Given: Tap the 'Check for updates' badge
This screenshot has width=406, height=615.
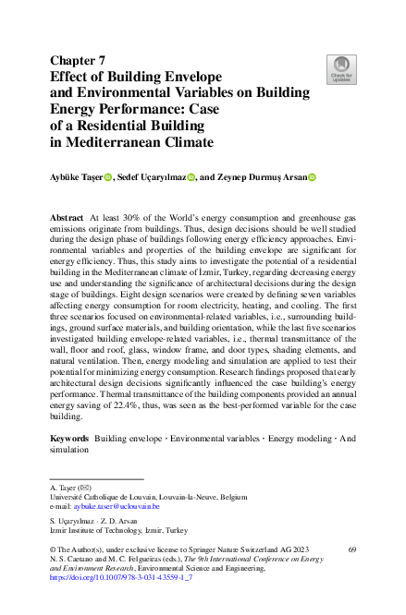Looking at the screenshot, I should pos(341,68).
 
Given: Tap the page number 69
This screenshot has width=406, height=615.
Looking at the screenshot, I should pos(351,549).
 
